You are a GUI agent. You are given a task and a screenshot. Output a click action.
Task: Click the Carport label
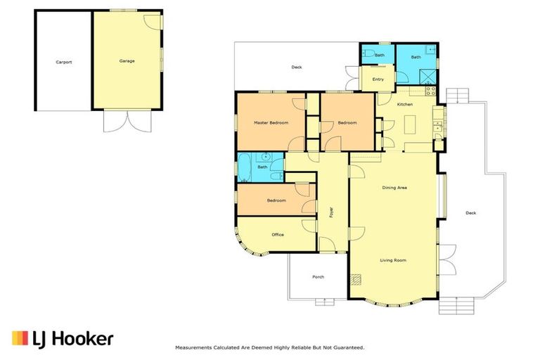(63, 62)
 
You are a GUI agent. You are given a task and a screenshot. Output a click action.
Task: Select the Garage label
(127, 61)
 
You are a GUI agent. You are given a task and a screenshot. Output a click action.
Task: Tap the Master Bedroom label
(271, 123)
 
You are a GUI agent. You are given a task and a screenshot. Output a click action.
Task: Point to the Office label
(277, 234)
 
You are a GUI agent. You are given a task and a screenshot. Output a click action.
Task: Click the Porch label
(318, 277)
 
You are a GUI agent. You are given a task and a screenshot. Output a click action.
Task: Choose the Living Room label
(394, 260)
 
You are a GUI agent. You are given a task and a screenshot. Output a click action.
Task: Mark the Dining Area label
(394, 188)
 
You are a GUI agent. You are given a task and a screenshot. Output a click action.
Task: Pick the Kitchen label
(405, 105)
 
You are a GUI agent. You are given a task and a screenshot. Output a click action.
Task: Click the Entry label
(378, 79)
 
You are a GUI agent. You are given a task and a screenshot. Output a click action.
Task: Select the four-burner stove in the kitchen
(431, 92)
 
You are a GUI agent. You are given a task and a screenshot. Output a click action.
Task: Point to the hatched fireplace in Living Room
(356, 280)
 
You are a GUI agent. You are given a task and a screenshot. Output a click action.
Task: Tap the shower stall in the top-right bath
(427, 77)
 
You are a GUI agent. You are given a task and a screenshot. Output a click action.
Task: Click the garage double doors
(127, 121)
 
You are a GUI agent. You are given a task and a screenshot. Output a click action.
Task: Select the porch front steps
(325, 301)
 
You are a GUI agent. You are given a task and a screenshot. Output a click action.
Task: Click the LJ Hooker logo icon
(20, 339)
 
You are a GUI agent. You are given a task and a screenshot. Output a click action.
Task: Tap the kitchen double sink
(437, 127)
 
